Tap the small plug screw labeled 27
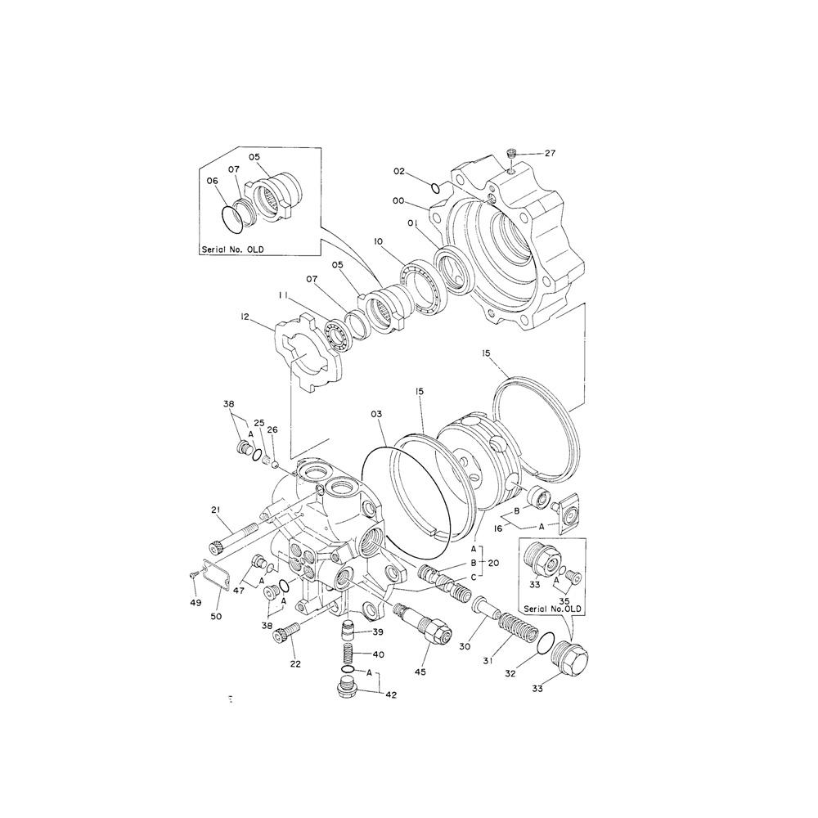pyautogui.click(x=512, y=153)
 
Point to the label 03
pyautogui.click(x=375, y=416)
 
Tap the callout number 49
pyautogui.click(x=195, y=602)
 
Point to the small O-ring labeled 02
pyautogui.click(x=437, y=188)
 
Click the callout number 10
pyautogui.click(x=379, y=242)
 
